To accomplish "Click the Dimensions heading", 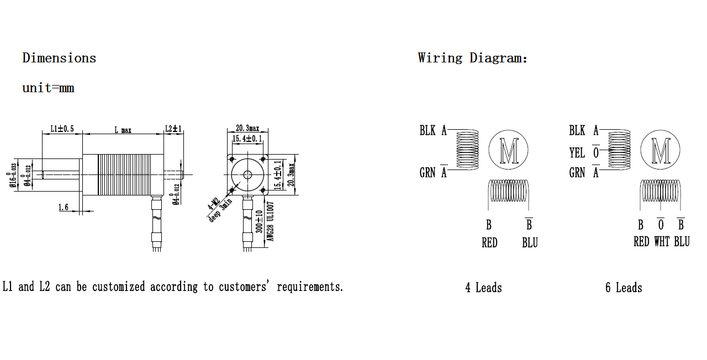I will (59, 58).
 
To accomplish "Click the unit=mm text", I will (48, 88).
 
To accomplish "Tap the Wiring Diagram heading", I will (472, 58).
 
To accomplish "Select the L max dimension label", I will (123, 130).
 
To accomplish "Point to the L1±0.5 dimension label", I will (62, 129).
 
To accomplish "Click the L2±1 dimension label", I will (173, 129).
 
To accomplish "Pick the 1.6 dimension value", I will (63, 207).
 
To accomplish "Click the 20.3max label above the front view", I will (247, 128).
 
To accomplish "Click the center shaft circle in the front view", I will (247, 174).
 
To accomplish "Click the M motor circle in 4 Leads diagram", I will (508, 151).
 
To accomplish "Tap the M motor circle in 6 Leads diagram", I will (660, 151).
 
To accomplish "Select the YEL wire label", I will (577, 152).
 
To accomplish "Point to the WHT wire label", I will (661, 242).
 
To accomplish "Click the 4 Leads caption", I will (483, 288).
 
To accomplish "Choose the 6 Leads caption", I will (624, 288).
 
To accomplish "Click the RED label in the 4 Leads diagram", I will (489, 243).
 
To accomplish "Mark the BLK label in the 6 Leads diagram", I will (577, 130).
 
